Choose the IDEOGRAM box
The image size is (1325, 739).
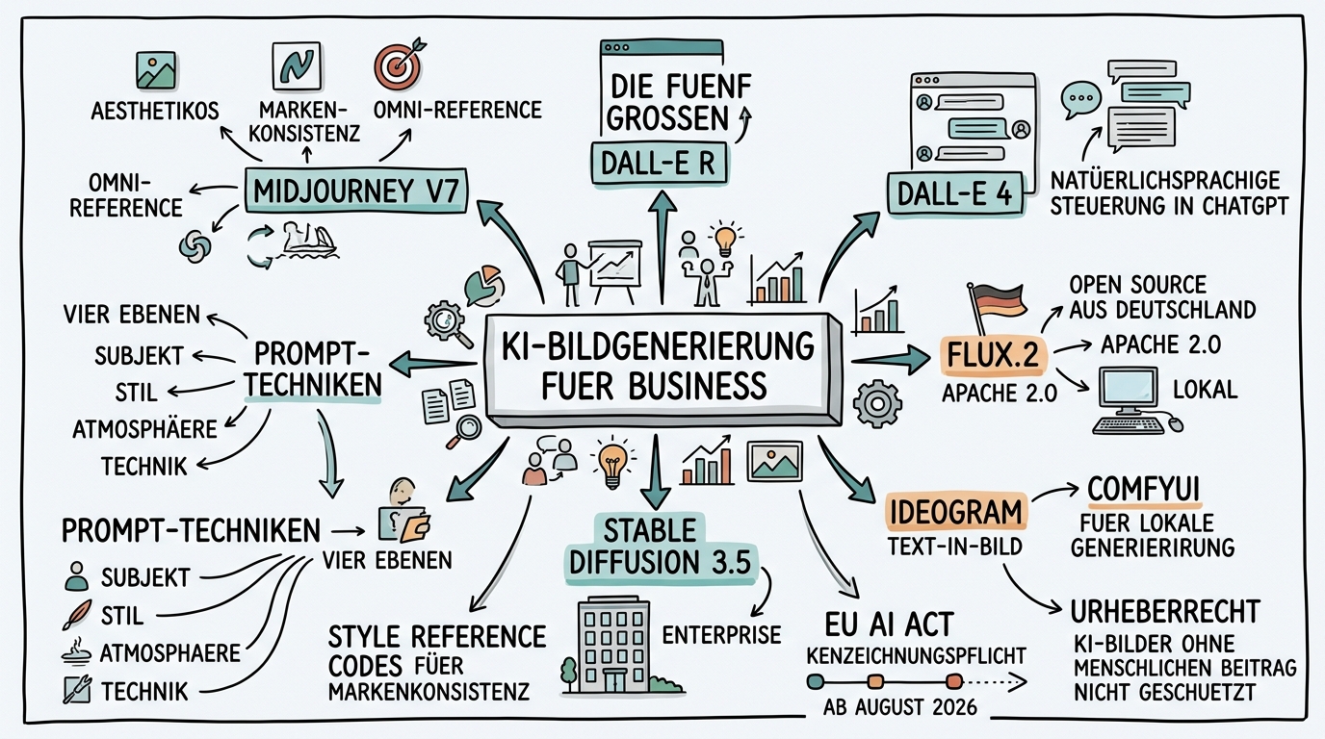952,512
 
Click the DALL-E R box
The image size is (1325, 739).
658,164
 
